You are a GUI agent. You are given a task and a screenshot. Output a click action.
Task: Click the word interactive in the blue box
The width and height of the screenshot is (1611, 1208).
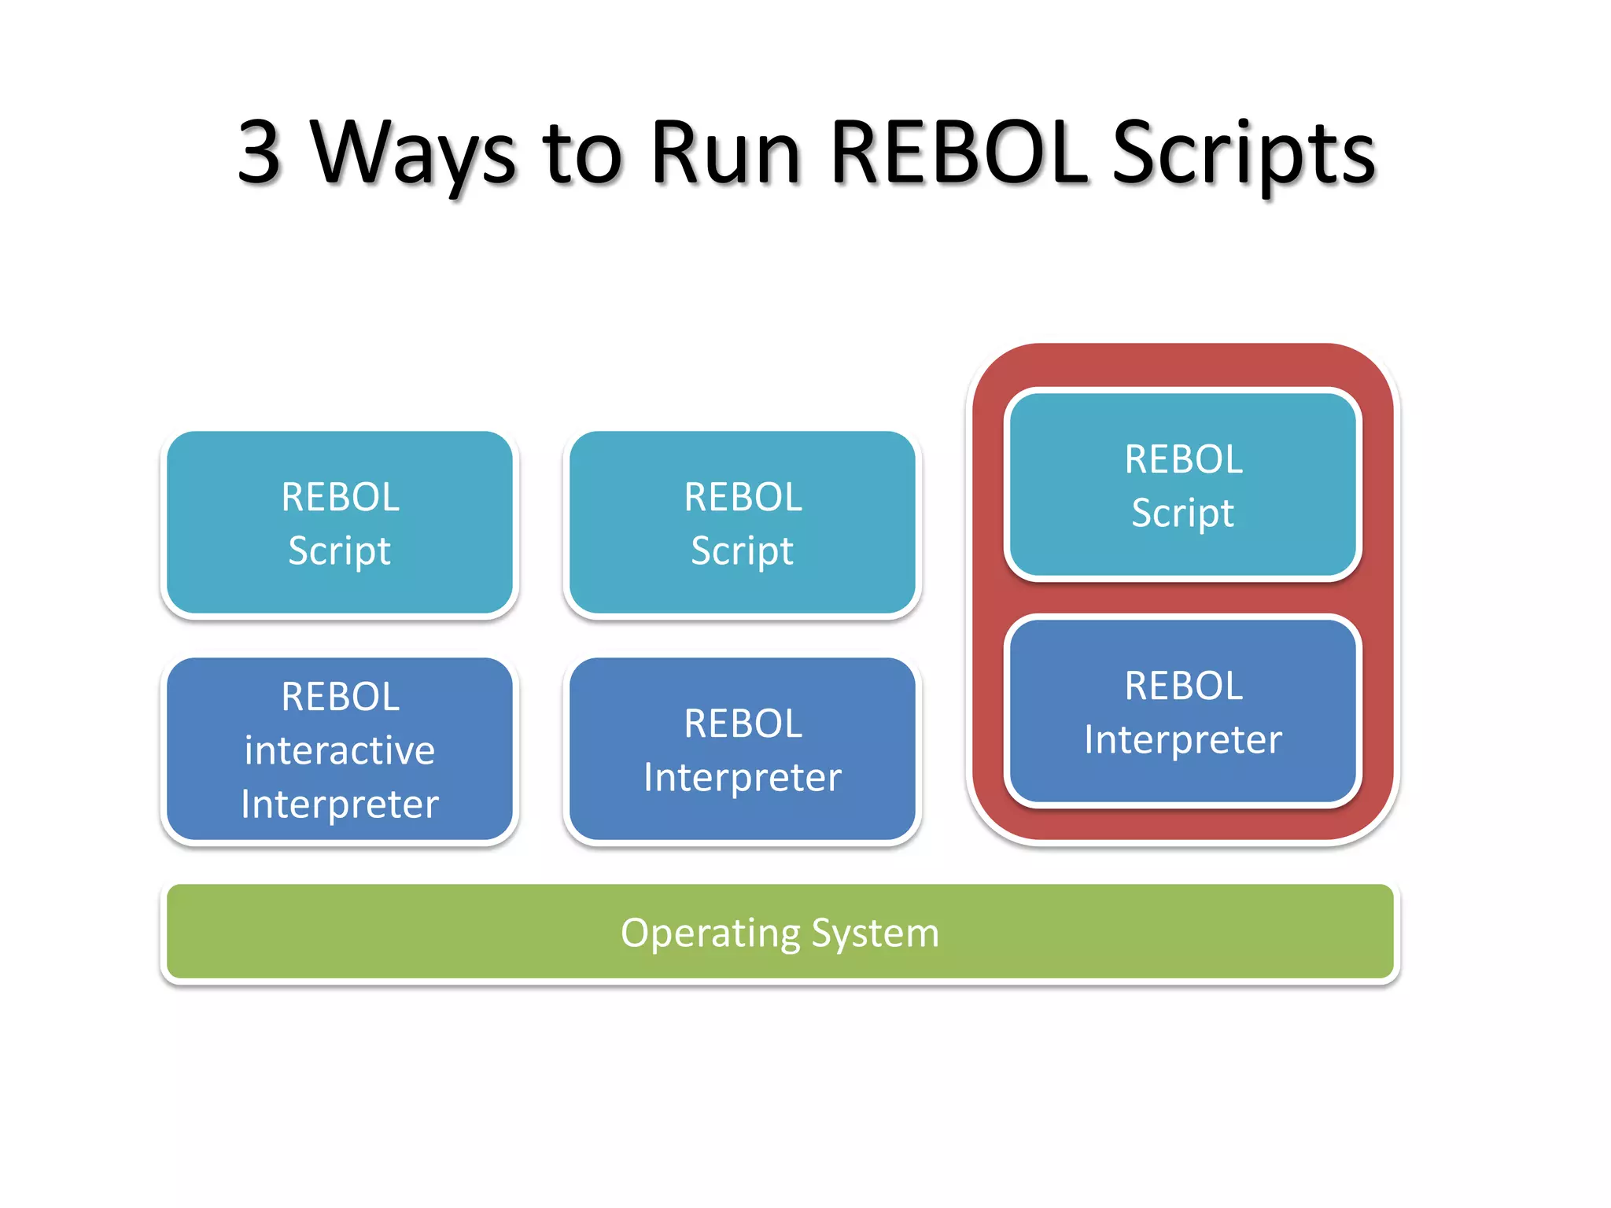coord(340,749)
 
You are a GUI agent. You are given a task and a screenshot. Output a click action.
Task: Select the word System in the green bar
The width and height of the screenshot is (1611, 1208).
coord(875,934)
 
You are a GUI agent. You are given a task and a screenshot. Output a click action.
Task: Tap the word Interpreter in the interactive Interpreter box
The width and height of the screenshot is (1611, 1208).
coord(340,804)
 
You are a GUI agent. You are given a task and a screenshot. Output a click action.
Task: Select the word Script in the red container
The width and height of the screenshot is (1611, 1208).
coord(1183,513)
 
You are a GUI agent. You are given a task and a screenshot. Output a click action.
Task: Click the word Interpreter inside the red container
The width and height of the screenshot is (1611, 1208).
coord(1183,739)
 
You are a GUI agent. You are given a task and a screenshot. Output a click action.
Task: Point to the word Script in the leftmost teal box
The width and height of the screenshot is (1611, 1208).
coord(340,551)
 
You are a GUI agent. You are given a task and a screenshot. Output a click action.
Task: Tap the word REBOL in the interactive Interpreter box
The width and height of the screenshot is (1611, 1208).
coord(340,696)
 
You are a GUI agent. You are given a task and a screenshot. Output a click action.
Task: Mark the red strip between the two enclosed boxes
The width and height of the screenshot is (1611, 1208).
coord(1183,598)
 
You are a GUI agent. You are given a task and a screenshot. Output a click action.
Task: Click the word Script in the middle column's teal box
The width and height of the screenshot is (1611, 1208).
coord(743,551)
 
